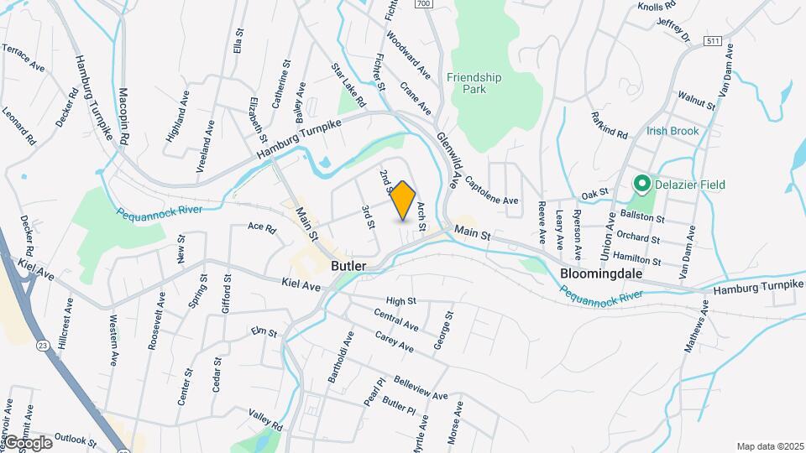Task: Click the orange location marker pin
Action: [x=403, y=200]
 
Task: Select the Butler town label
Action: [x=348, y=266]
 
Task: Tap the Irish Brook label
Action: [x=673, y=131]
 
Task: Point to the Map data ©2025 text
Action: [x=769, y=446]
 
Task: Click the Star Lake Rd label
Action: [x=348, y=85]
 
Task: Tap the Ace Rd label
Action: [x=262, y=226]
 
